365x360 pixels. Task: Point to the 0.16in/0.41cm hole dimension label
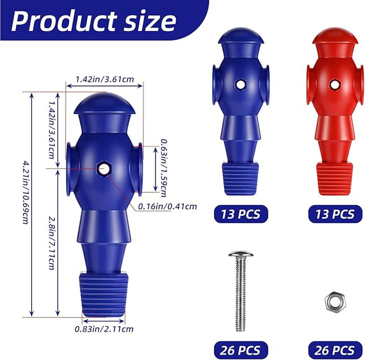168,206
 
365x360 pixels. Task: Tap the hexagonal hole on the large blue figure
103,168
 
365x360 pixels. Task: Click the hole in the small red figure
334,84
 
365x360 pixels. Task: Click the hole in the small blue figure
241,84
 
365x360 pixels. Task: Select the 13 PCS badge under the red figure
334,214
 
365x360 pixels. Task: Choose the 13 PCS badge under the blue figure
241,214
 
